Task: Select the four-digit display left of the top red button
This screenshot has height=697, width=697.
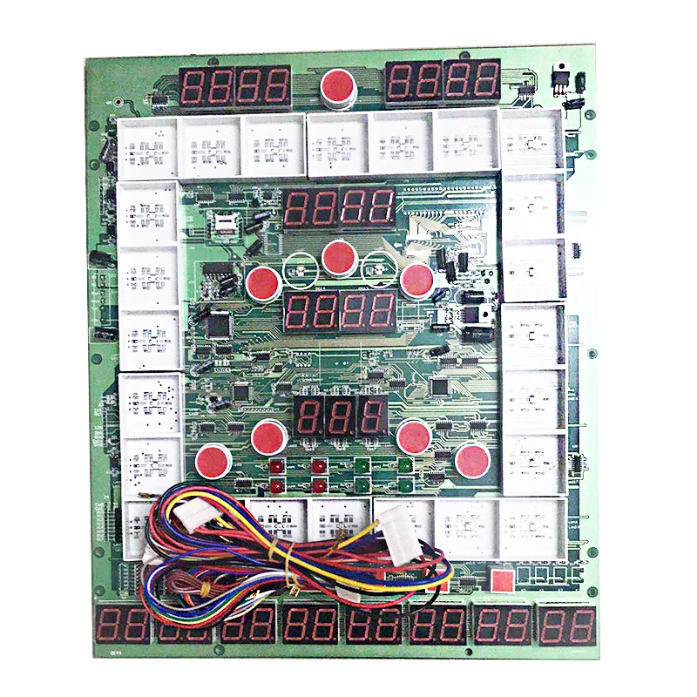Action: pos(235,85)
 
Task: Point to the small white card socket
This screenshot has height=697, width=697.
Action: pos(227,221)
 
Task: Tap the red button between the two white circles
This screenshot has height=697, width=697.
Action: pos(339,257)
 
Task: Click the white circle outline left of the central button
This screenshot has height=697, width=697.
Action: pos(298,267)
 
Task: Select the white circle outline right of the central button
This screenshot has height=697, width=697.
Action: pos(380,267)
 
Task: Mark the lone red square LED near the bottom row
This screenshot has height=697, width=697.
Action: pos(500,579)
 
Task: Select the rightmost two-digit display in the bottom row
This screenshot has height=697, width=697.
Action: pos(567,624)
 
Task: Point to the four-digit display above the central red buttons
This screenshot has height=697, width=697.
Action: pos(340,209)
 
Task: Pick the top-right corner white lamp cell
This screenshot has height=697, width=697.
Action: pos(529,141)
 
